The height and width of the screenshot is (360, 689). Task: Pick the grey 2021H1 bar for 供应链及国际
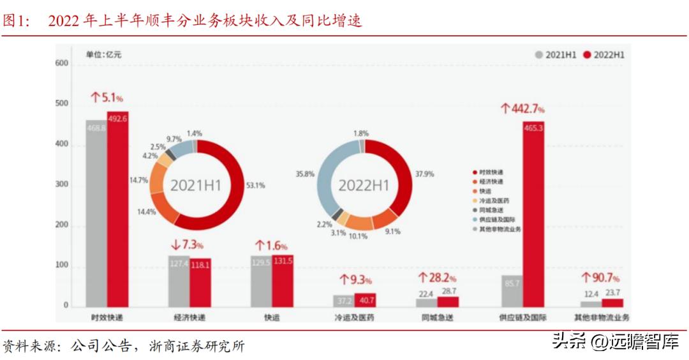pyautogui.click(x=512, y=291)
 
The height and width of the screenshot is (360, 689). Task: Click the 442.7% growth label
pyautogui.click(x=522, y=109)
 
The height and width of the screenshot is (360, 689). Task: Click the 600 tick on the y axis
pyautogui.click(x=62, y=63)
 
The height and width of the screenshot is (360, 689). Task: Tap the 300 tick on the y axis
pyautogui.click(x=62, y=185)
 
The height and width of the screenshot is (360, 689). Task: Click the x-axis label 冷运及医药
pyautogui.click(x=354, y=317)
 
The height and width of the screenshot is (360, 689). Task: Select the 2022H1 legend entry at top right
pyautogui.click(x=604, y=55)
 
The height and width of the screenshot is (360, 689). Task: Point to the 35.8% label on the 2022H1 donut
pyautogui.click(x=306, y=173)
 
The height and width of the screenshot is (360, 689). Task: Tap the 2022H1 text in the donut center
pyautogui.click(x=363, y=185)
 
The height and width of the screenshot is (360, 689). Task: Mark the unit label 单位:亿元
pyautogui.click(x=103, y=54)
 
